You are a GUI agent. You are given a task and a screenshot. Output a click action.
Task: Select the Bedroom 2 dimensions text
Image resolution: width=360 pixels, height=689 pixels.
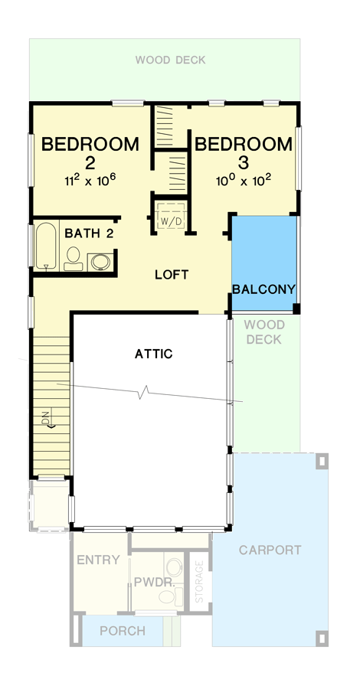click(x=90, y=181)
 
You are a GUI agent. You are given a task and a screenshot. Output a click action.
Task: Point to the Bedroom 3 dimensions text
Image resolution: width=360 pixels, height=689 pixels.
click(x=244, y=181)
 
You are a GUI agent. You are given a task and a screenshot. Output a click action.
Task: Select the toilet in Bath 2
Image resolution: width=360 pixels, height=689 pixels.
click(x=74, y=259)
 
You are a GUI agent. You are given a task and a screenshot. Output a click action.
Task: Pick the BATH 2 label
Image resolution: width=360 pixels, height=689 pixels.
click(x=89, y=233)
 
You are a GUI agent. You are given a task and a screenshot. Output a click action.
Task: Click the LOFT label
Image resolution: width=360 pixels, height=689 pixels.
click(x=171, y=274)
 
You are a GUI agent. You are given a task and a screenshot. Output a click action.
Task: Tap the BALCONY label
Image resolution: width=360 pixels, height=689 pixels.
click(x=263, y=289)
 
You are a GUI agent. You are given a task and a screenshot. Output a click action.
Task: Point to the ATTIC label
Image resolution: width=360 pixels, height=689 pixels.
click(x=154, y=354)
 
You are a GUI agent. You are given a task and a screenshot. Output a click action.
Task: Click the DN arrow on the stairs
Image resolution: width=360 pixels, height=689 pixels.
click(x=47, y=420)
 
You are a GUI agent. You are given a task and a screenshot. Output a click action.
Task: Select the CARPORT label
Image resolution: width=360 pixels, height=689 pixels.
click(x=270, y=550)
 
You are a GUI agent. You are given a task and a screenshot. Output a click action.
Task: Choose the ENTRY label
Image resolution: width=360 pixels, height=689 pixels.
click(x=98, y=560)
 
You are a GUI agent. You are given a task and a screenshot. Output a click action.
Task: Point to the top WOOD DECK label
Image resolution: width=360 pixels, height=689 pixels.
click(x=170, y=60)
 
